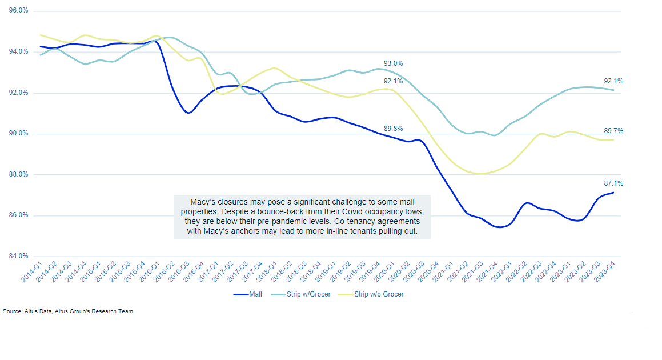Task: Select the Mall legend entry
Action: point(247,294)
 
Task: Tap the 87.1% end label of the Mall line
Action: point(613,183)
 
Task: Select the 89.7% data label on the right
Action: point(613,131)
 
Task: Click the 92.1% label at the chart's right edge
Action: point(613,81)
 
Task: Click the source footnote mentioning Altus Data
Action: point(68,311)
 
